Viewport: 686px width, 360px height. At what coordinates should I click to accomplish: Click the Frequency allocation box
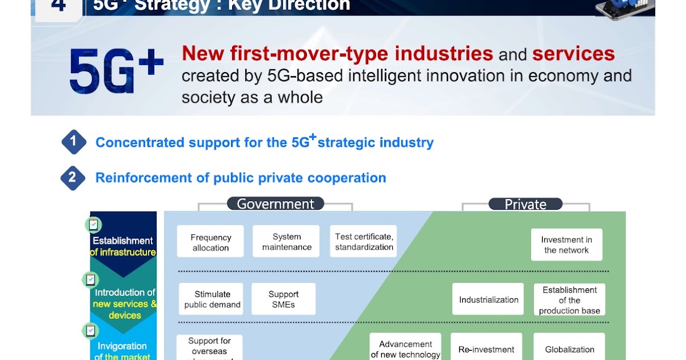point(210,242)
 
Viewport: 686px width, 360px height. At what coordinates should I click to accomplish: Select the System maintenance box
point(287,242)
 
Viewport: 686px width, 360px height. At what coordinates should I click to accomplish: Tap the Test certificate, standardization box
point(364,242)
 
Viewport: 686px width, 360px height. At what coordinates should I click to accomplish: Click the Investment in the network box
point(567,245)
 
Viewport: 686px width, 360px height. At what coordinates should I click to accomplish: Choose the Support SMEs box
point(284,299)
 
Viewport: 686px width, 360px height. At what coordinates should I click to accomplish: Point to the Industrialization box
point(488,299)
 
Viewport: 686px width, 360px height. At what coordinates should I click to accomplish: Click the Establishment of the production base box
point(569,300)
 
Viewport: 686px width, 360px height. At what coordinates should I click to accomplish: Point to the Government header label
point(276,204)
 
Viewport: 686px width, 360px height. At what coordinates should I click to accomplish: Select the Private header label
point(525,204)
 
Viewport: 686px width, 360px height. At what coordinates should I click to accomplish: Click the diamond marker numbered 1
point(74,142)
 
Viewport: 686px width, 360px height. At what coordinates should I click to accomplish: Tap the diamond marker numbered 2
point(73,178)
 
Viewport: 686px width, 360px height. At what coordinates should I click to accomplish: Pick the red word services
point(573,54)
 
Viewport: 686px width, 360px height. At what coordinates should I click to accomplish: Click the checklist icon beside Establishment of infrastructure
point(93,225)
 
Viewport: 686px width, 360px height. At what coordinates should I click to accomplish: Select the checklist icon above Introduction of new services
point(90,279)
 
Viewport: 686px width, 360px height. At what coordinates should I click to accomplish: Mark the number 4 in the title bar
point(58,6)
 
